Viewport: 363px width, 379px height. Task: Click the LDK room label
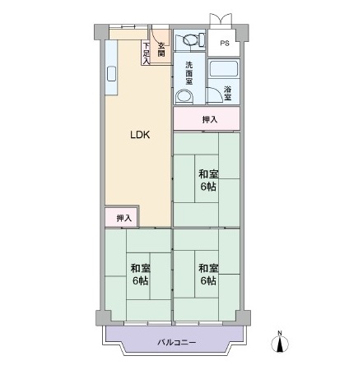tap(140, 135)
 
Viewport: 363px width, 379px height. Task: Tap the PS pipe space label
tap(225, 44)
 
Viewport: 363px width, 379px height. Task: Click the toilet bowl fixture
tap(193, 39)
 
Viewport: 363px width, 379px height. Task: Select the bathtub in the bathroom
tap(224, 68)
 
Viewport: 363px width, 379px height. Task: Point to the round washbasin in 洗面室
tap(184, 97)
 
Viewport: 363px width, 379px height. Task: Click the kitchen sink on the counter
tap(111, 74)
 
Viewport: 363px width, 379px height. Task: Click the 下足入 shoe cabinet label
tap(146, 53)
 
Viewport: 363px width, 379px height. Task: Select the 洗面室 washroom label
tap(189, 73)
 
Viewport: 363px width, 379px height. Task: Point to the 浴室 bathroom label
tap(227, 94)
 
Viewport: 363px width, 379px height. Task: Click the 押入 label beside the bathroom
tap(210, 119)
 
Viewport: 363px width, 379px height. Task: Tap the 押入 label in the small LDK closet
tap(124, 218)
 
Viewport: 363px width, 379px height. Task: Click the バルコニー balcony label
tap(177, 342)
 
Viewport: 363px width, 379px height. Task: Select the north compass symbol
tap(280, 342)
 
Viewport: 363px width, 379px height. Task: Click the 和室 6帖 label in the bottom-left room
tap(140, 275)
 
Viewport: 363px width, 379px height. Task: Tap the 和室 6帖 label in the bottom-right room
tap(208, 275)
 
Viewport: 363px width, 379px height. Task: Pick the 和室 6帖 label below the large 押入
tap(208, 180)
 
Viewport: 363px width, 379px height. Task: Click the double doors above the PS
tap(221, 21)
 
